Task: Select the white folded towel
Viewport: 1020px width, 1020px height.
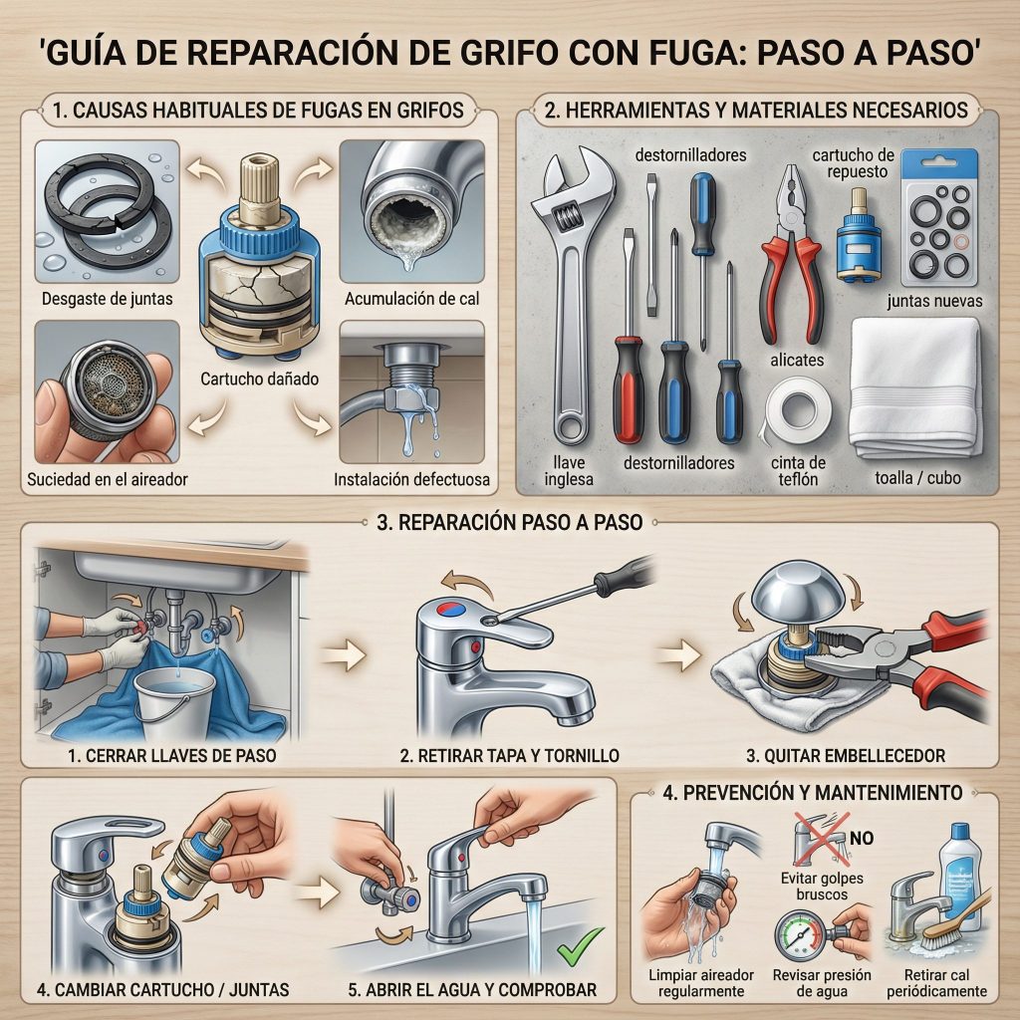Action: (x=915, y=387)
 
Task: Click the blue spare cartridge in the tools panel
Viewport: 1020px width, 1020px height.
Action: (x=858, y=235)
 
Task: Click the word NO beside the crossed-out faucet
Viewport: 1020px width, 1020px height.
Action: (x=861, y=838)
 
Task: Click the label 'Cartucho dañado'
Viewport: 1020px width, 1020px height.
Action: (x=259, y=379)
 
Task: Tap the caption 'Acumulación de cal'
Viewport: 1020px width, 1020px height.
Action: (x=411, y=299)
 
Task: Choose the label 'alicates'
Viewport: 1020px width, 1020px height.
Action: (x=797, y=360)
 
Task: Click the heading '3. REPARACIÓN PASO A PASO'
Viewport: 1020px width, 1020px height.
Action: (x=509, y=522)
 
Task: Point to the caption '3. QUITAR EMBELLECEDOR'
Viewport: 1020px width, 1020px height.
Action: (x=845, y=755)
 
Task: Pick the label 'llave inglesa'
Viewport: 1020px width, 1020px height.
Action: (x=569, y=471)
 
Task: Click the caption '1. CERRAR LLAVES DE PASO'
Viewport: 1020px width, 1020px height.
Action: (x=171, y=755)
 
